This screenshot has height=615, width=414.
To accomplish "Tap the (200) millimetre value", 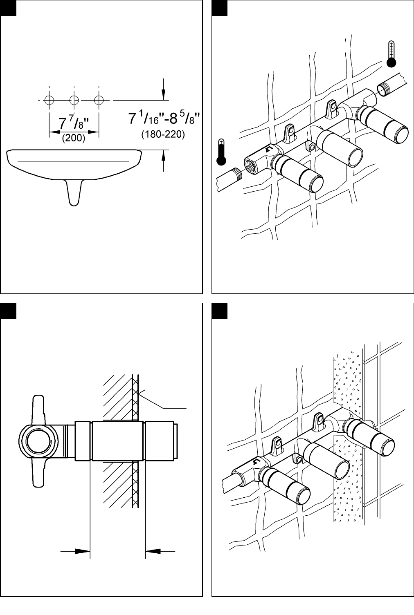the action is (73, 138).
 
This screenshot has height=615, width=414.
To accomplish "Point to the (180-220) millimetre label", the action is (163, 134).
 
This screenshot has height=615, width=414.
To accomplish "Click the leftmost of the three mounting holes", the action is (49, 101).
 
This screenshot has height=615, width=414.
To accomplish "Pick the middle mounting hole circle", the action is (74, 101).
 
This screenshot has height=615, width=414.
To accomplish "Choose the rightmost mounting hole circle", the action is (99, 101).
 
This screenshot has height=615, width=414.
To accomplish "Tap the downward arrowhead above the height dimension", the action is (164, 95).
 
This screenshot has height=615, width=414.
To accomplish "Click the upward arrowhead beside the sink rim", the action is (164, 156).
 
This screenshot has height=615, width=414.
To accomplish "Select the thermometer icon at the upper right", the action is (391, 54).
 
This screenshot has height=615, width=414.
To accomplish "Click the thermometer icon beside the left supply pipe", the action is (221, 152).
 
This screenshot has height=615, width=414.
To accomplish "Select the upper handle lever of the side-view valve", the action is (38, 407).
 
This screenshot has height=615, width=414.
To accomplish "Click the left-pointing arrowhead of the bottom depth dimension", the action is (153, 551).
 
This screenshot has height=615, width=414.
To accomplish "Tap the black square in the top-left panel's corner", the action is (8, 8).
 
